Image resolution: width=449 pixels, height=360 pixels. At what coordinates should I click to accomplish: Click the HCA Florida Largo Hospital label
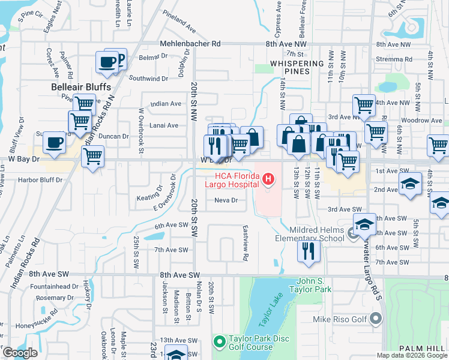[x=237, y=181]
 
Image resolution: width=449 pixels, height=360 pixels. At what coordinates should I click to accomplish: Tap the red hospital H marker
[x=268, y=178]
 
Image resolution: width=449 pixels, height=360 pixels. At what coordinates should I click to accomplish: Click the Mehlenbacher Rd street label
[x=190, y=44]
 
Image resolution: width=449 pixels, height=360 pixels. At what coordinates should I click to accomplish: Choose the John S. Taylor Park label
[x=322, y=285]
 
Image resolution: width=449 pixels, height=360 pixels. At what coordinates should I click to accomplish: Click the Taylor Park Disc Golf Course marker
[x=218, y=342]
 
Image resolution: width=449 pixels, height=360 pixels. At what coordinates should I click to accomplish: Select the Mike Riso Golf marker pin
[x=376, y=319]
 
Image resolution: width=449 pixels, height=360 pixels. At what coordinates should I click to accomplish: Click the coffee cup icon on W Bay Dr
[x=55, y=143]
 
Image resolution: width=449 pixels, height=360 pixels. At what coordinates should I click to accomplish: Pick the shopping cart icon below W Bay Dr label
[x=92, y=157]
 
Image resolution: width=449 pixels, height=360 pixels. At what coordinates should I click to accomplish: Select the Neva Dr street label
[x=227, y=200]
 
